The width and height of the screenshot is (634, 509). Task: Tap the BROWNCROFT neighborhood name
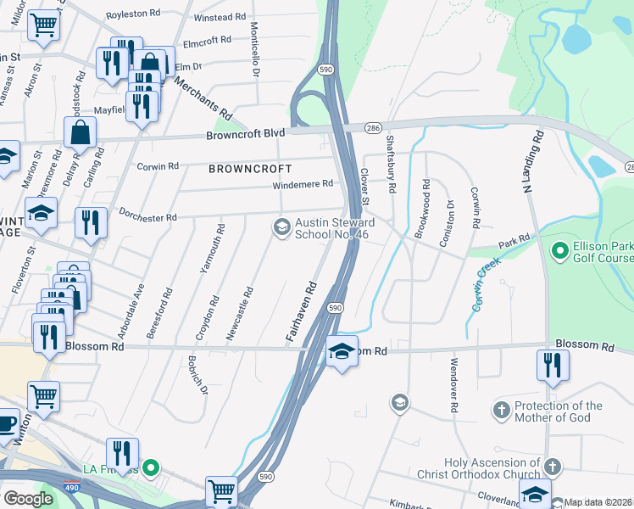(x=250, y=169)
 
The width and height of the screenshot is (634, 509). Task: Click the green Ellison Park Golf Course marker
(x=559, y=251)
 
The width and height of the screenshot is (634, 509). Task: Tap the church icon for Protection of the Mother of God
(x=502, y=411)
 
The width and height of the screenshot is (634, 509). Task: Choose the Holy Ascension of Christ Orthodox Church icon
(x=552, y=467)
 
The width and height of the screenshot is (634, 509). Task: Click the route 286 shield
(x=372, y=127)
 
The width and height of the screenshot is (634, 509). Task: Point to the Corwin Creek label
(x=489, y=282)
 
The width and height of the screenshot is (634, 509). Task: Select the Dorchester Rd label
(x=147, y=217)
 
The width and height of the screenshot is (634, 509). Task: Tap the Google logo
(x=28, y=499)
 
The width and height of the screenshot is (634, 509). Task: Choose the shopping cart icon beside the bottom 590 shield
(x=220, y=489)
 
